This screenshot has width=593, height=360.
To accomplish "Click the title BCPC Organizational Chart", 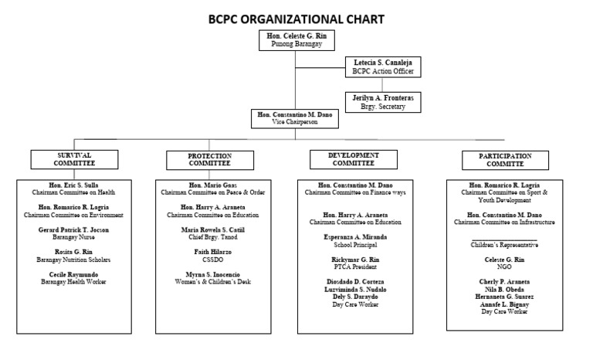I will (296, 19).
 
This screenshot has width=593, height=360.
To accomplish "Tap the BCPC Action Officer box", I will (383, 66).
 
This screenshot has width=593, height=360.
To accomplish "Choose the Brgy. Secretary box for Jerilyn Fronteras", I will (383, 101).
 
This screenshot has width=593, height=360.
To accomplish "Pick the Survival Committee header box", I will (75, 159).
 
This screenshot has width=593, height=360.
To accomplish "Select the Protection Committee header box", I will (209, 160).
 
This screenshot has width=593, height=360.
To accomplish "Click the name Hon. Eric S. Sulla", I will (75, 186).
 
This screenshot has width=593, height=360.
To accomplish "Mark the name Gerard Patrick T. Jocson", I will (75, 230).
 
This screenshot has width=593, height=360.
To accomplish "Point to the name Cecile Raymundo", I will (75, 274).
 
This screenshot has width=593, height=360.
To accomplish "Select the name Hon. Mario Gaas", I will (209, 186).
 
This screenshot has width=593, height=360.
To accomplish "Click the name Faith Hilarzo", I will (209, 253).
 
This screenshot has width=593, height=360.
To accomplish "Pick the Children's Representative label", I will (505, 245).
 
